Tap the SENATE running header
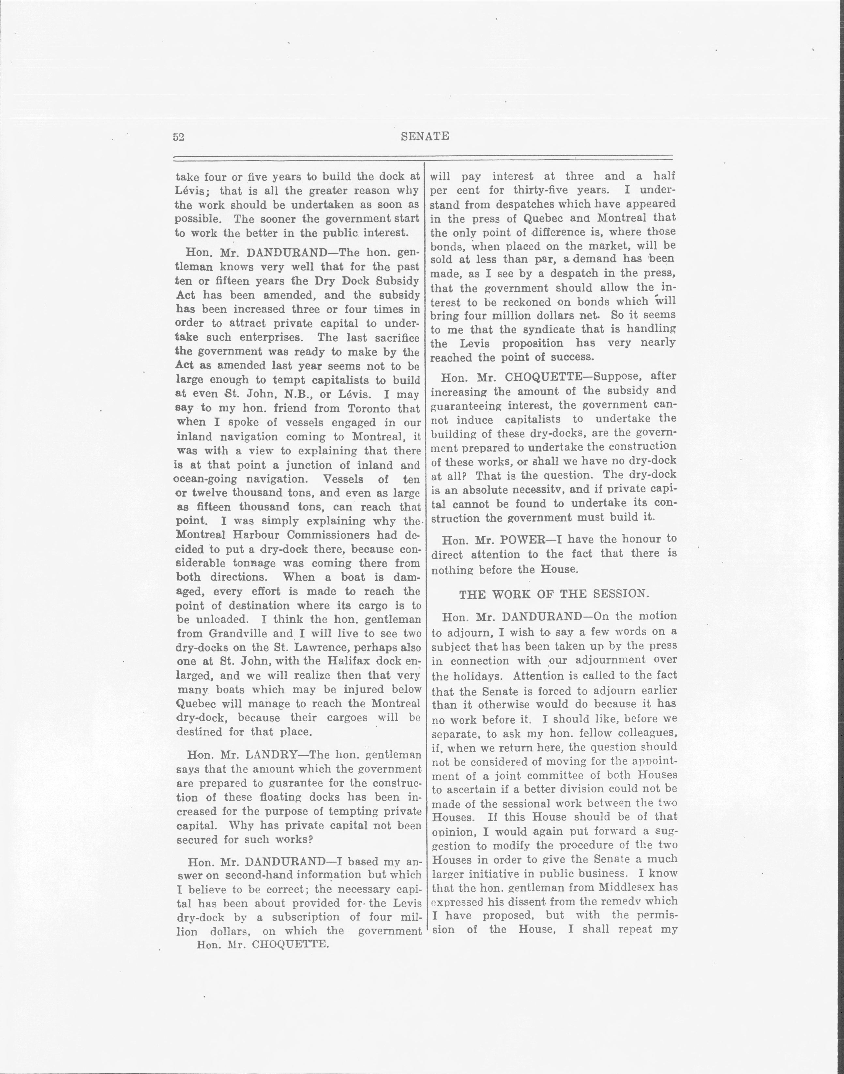coord(425,136)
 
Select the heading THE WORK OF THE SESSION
coord(553,594)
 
